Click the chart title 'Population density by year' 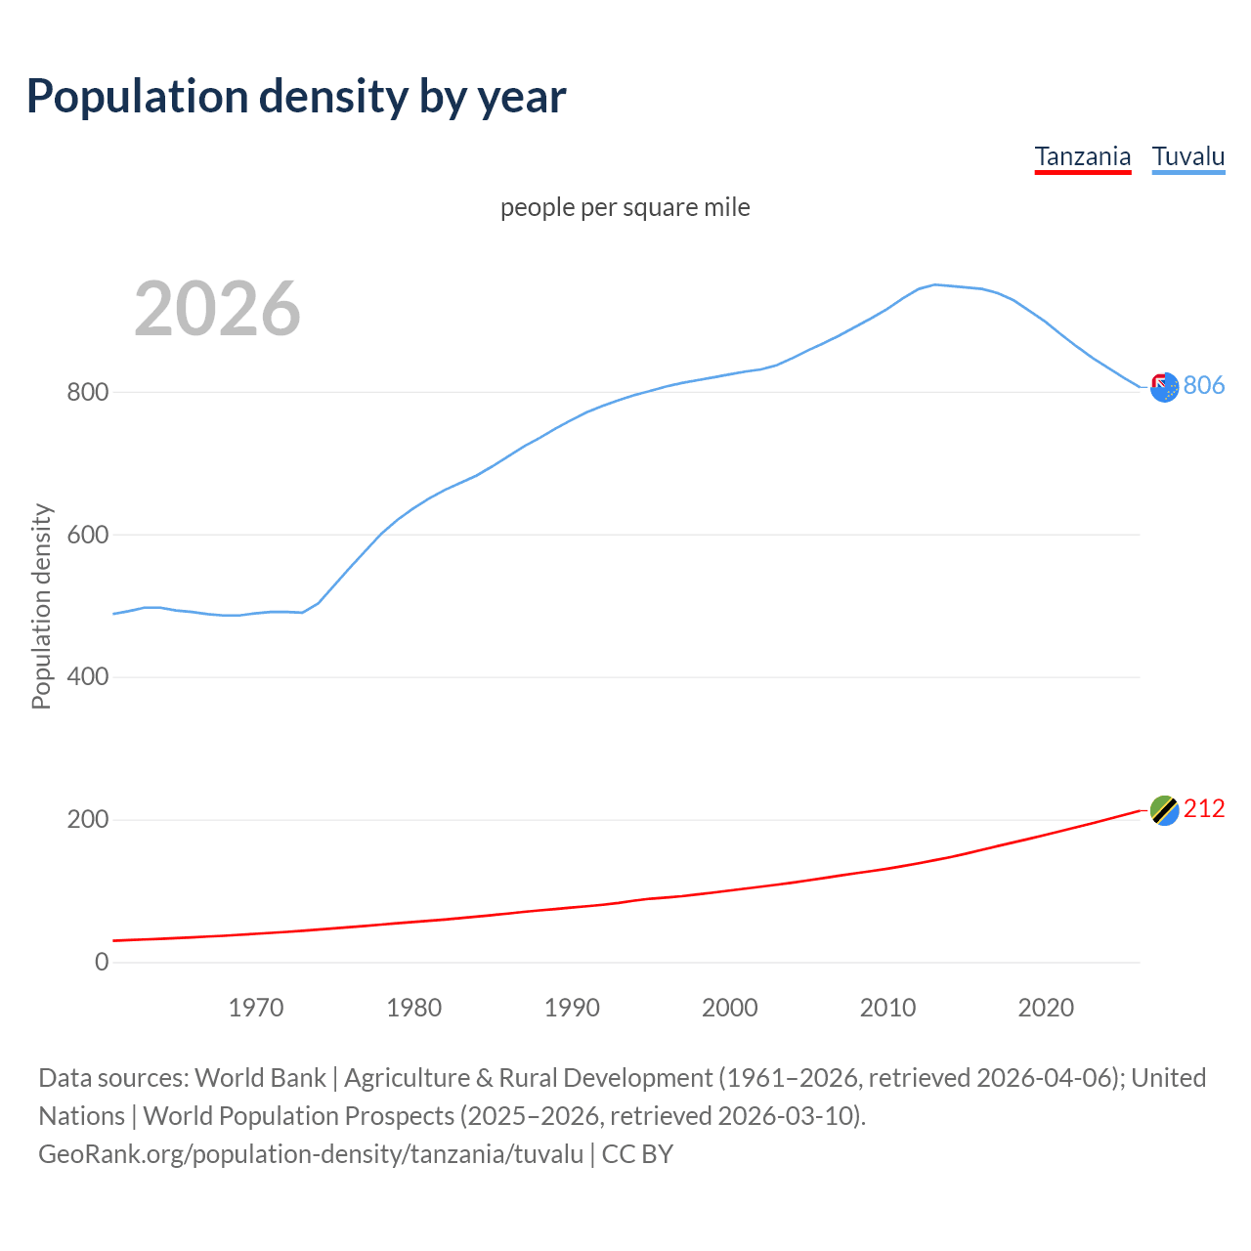(296, 97)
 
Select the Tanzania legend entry (1082, 156)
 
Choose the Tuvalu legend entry (1187, 156)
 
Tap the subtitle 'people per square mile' (625, 208)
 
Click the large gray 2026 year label (217, 309)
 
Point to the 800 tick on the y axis (87, 393)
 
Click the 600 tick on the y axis (87, 536)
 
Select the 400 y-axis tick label (87, 677)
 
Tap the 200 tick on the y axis (87, 820)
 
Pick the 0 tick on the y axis (102, 963)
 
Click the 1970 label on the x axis (256, 1008)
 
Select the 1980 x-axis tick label (414, 1008)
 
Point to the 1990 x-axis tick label (572, 1008)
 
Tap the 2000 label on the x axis (730, 1008)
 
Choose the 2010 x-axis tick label (887, 1008)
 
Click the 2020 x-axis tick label (1046, 1008)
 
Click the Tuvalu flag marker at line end (1164, 387)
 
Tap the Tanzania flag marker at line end (1164, 810)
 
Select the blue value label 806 (1204, 386)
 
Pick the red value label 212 (1204, 809)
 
